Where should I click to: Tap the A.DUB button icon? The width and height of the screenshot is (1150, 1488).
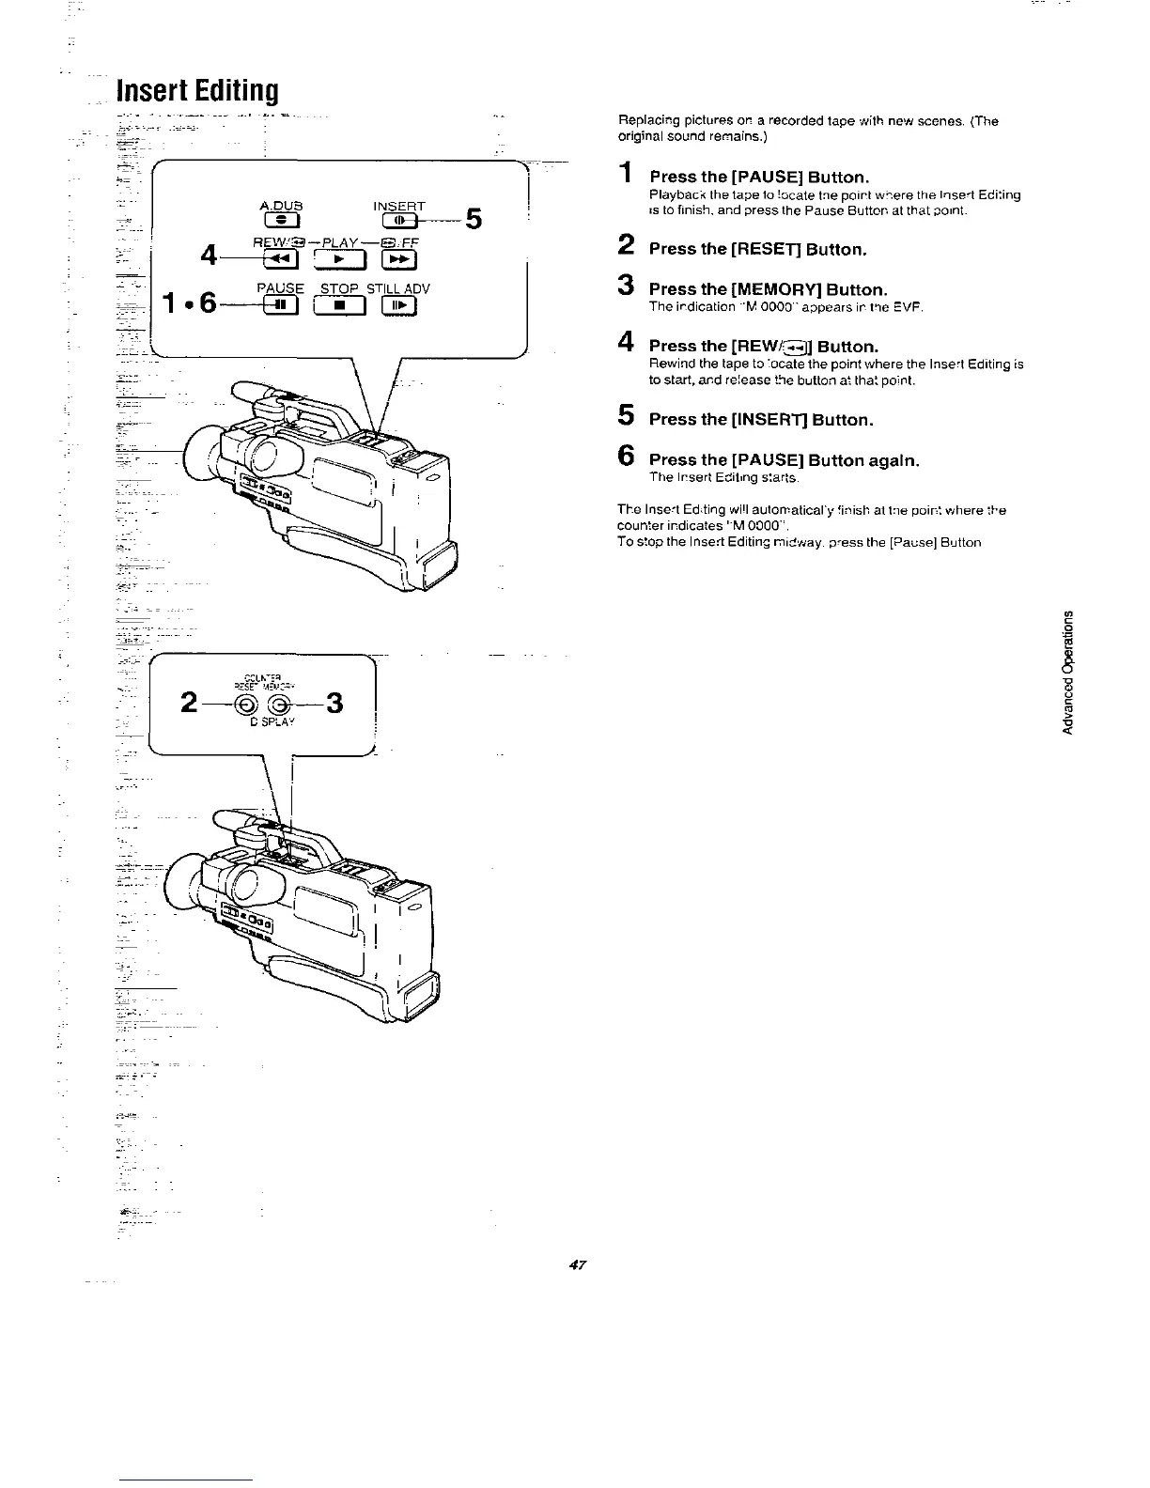click(x=282, y=222)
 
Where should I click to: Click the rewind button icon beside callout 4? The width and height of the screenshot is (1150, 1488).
click(x=281, y=259)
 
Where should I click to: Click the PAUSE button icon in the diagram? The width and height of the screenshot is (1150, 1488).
click(x=280, y=304)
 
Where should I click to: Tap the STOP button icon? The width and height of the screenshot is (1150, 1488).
click(x=342, y=304)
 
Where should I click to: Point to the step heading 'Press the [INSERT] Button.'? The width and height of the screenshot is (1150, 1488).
click(x=761, y=420)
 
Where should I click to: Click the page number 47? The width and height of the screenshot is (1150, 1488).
click(x=577, y=1265)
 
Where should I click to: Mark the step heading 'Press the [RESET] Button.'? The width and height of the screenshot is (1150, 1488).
click(x=757, y=250)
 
